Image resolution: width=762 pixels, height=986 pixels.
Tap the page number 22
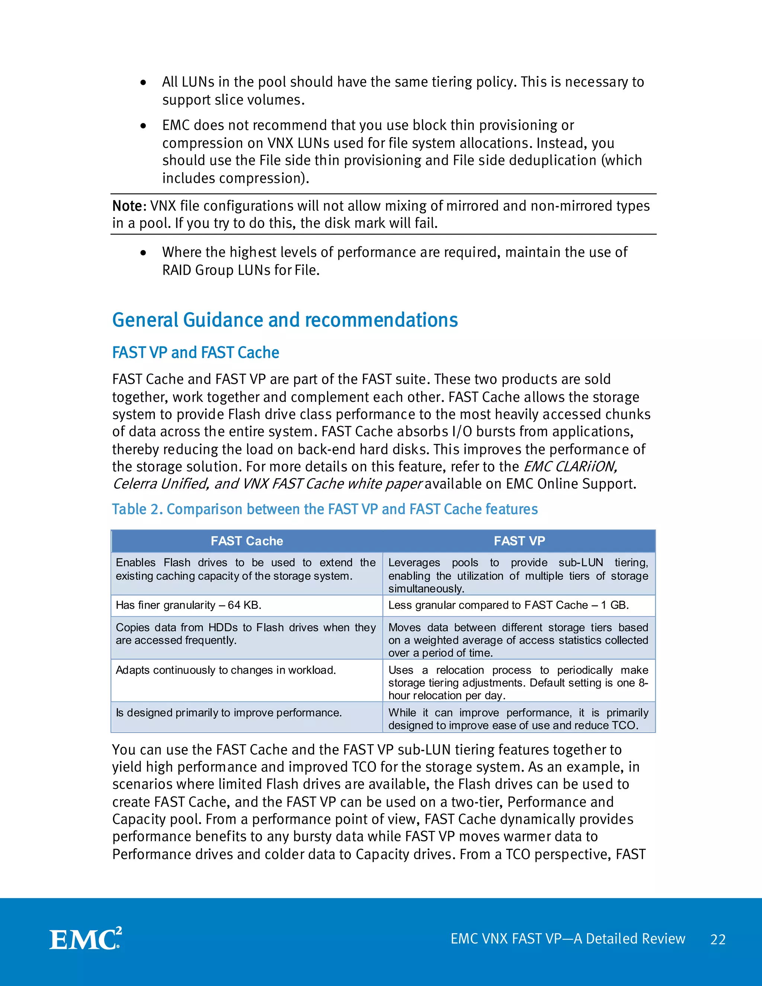[x=718, y=939]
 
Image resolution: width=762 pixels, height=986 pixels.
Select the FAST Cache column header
[x=247, y=541]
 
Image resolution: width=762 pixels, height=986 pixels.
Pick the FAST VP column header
[x=519, y=541]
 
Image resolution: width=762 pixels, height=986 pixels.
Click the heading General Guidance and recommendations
[x=285, y=320]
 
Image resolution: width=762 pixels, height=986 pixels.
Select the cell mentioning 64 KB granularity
[x=189, y=605]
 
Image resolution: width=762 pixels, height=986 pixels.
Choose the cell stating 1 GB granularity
[x=508, y=605]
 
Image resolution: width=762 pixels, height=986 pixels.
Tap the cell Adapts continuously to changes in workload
[x=226, y=670]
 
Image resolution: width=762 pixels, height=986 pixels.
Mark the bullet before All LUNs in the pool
[x=143, y=83]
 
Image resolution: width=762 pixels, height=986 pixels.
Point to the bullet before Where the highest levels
[x=143, y=253]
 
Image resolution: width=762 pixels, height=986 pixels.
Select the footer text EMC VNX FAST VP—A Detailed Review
[x=567, y=939]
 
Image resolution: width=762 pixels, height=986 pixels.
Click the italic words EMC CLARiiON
[x=570, y=466]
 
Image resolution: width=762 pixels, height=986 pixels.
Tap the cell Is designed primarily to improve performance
[x=228, y=713]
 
